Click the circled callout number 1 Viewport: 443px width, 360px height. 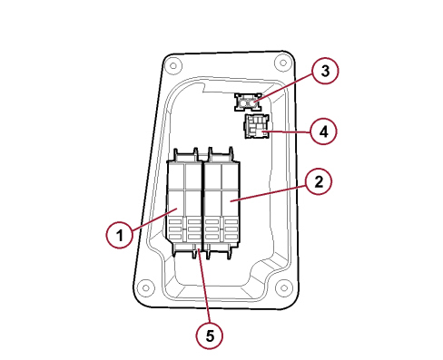119,235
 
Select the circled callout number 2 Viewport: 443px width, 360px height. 319,182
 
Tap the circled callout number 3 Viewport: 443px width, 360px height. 325,71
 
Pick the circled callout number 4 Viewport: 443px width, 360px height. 323,131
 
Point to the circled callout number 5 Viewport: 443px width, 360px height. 210,336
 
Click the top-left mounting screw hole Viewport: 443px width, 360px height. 172,65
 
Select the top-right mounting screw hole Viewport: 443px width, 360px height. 283,63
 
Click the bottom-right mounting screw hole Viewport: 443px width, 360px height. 284,287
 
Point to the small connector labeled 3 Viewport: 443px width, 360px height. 248,102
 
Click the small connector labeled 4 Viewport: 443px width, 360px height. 257,126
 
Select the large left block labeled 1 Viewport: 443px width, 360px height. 184,203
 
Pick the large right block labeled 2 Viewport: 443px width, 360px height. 222,203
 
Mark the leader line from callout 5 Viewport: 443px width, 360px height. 204,286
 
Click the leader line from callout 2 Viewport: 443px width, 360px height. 268,193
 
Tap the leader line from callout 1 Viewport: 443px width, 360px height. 153,219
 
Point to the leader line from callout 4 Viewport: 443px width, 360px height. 287,131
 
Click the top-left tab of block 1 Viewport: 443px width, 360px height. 176,154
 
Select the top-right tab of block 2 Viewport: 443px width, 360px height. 231,154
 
